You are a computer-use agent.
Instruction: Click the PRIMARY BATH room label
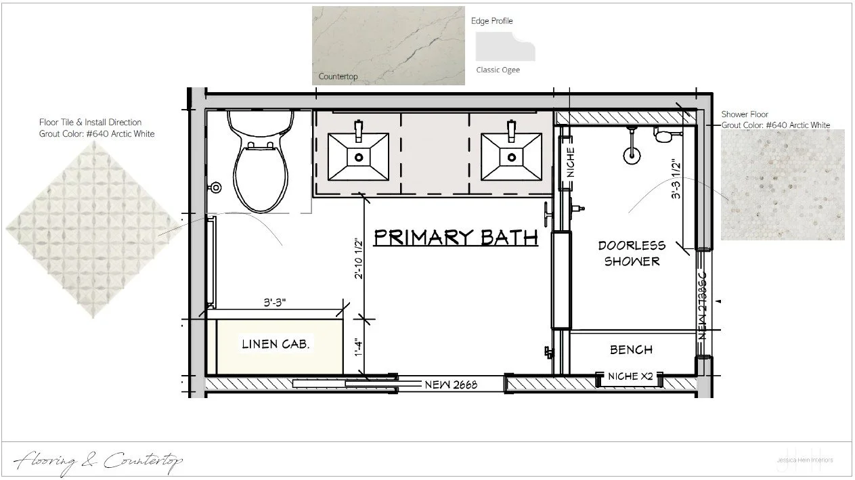click(456, 238)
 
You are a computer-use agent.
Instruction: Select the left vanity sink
click(358, 156)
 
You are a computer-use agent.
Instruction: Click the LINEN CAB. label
click(276, 345)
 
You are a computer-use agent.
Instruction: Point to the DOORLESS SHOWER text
click(632, 253)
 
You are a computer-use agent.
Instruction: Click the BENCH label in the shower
click(631, 350)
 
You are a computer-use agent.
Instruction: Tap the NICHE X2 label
click(630, 376)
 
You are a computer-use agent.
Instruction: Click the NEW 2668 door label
click(451, 385)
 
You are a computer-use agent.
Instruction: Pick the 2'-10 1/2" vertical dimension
click(359, 257)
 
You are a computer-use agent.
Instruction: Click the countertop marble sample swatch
click(389, 45)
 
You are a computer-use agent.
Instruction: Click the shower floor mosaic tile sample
click(782, 185)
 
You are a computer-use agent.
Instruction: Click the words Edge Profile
click(491, 21)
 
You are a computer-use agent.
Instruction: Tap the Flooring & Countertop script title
click(98, 462)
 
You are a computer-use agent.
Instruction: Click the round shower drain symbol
click(632, 154)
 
